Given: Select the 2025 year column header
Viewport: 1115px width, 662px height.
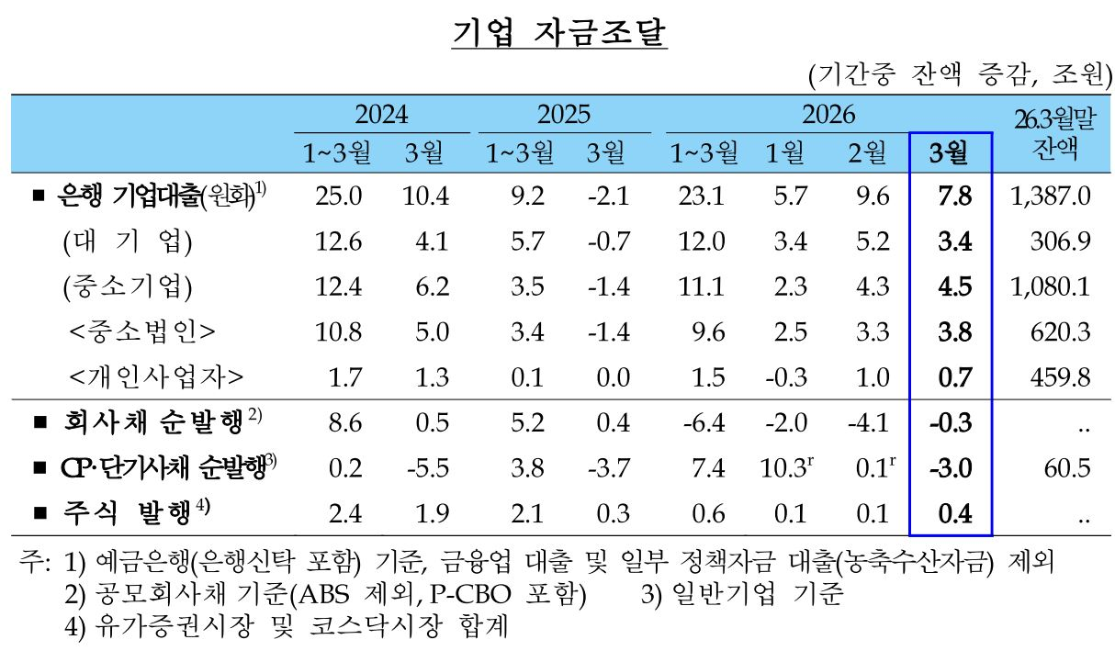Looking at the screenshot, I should (563, 114).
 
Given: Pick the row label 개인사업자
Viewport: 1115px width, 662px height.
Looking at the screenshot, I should (157, 376).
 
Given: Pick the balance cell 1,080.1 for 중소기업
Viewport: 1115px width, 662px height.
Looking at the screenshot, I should (1053, 286).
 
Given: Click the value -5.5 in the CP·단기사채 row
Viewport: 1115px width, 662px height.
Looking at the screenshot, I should (427, 467).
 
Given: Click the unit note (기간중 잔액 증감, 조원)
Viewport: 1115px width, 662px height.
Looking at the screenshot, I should (959, 74).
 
